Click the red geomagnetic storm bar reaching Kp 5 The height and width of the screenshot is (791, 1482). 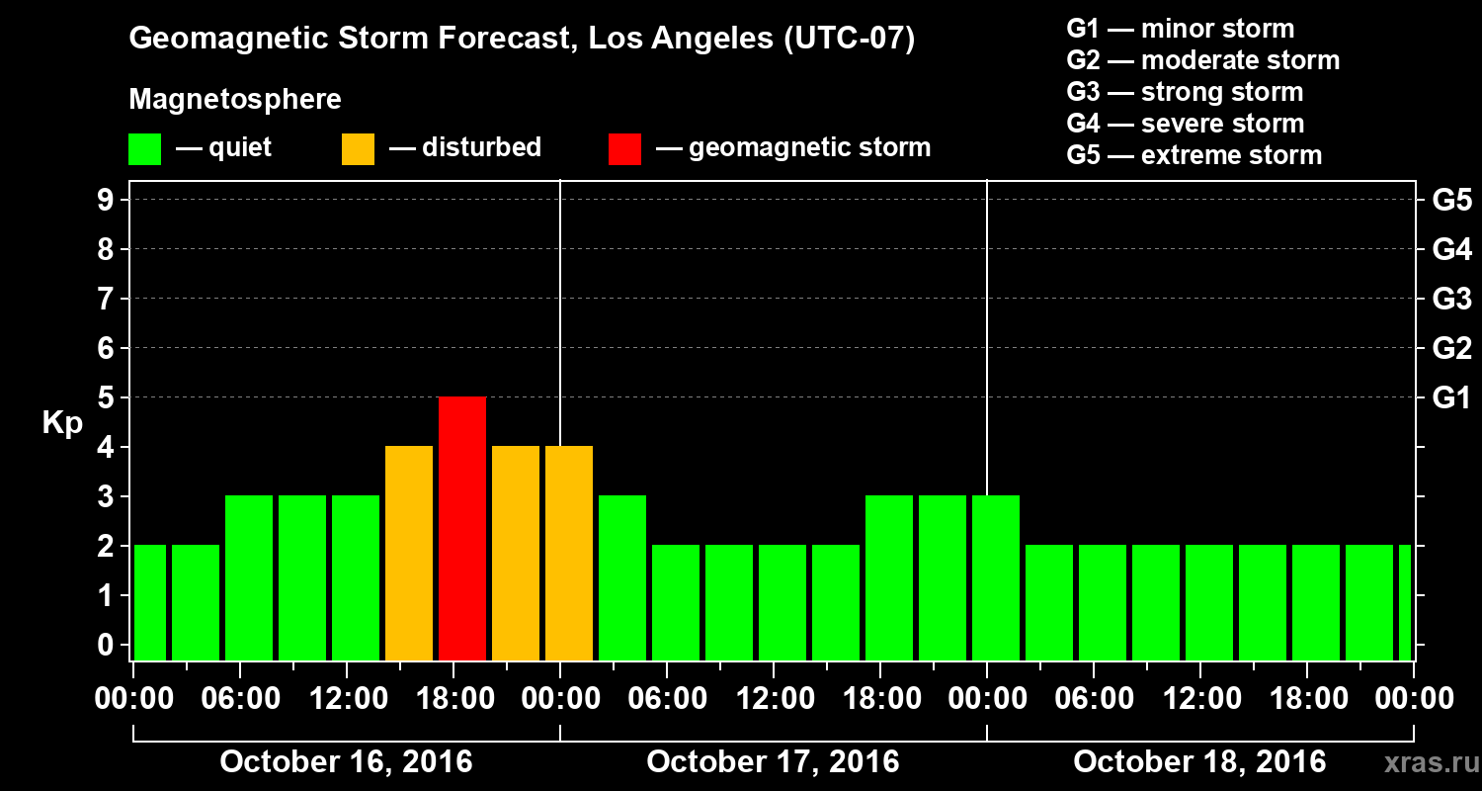pos(462,528)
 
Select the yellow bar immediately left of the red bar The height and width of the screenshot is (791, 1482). pos(409,553)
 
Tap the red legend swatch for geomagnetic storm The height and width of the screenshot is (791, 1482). pos(624,148)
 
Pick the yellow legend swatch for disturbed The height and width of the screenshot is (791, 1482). pos(358,148)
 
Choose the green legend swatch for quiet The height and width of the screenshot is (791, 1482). pos(144,148)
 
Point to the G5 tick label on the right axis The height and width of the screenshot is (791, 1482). pos(1451,201)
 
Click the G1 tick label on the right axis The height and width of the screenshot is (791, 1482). pos(1451,398)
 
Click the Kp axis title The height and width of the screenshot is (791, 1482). pos(62,424)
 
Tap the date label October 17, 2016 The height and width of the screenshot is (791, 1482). pos(773,762)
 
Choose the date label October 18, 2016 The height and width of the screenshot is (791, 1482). pos(1199,762)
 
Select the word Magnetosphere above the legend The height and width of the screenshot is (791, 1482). pos(235,100)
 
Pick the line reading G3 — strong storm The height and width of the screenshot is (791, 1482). pos(1185,92)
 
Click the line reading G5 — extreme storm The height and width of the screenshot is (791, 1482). pos(1194,155)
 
